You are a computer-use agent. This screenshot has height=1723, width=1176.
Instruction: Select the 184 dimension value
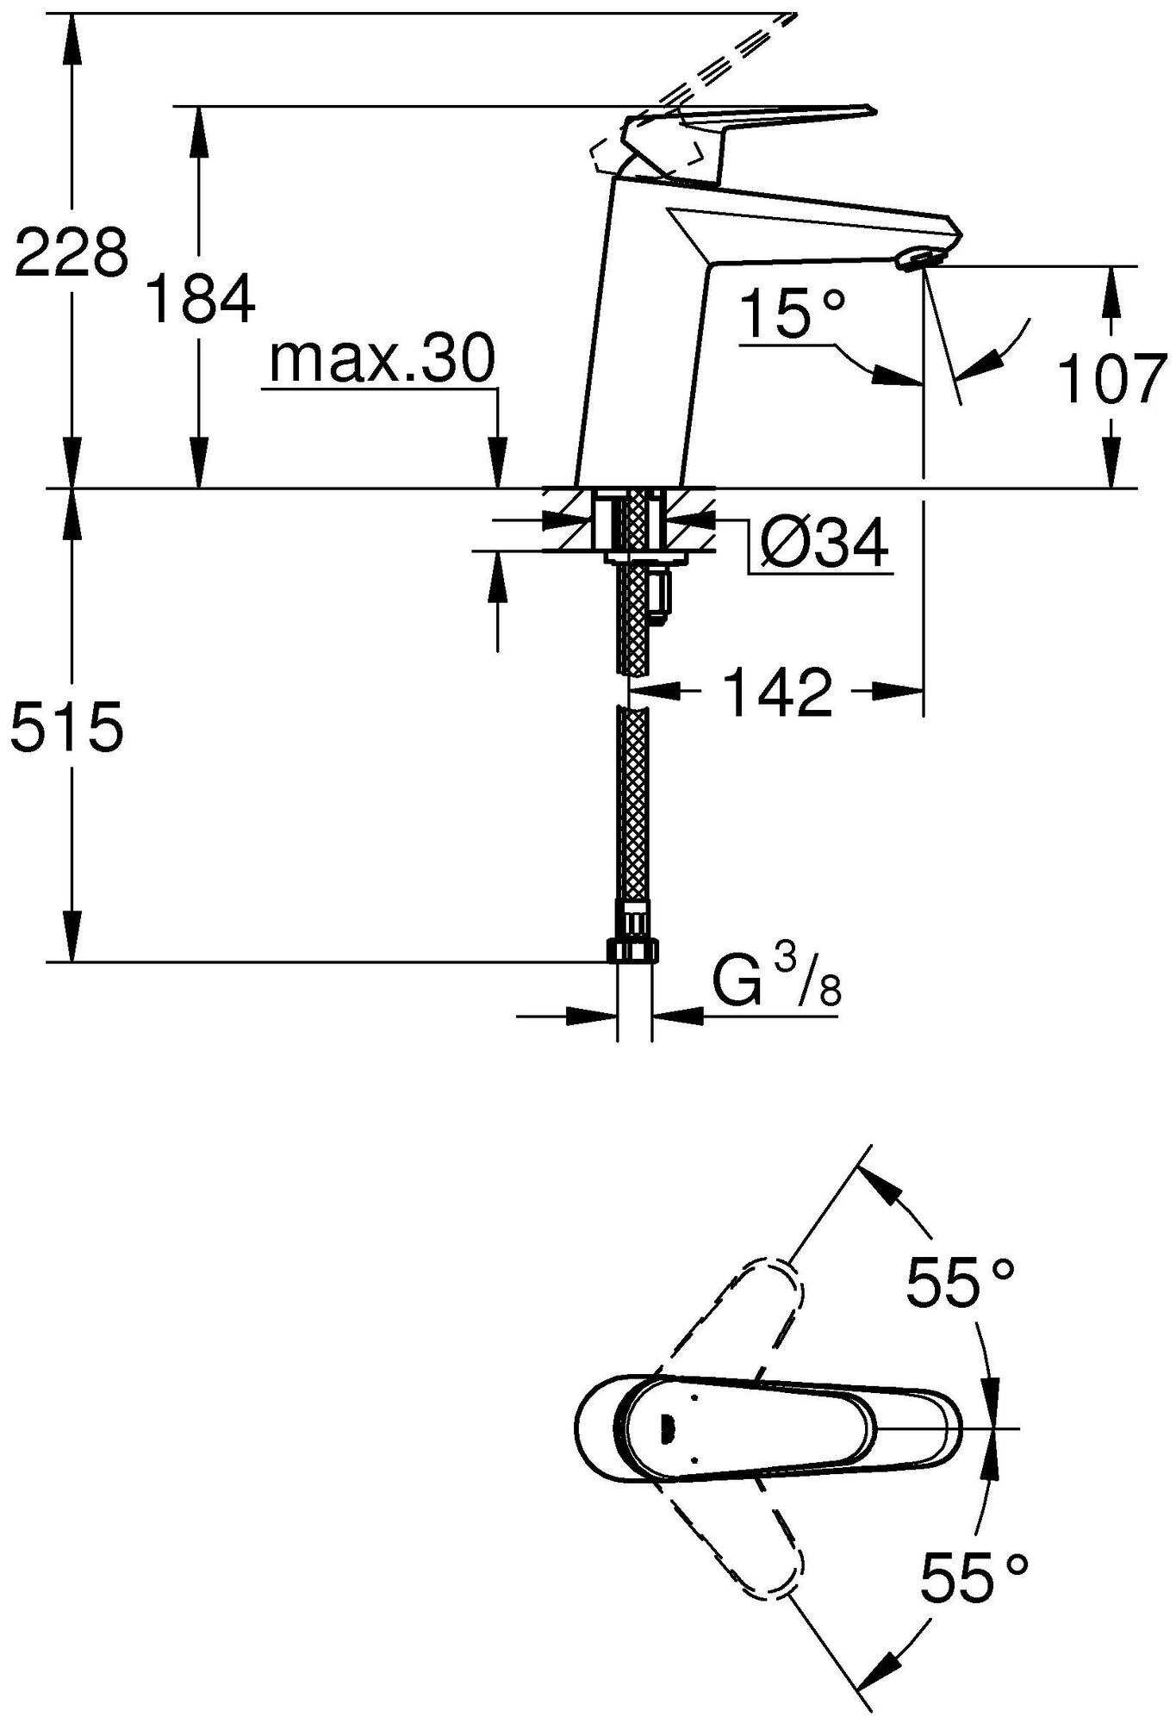[201, 297]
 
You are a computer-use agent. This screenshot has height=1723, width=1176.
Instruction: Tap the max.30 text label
[382, 359]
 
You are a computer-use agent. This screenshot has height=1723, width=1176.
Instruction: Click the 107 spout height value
[1111, 378]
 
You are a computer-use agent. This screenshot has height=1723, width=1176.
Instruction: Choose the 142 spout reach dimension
[777, 691]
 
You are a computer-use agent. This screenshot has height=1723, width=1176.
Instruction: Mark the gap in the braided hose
[635, 689]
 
